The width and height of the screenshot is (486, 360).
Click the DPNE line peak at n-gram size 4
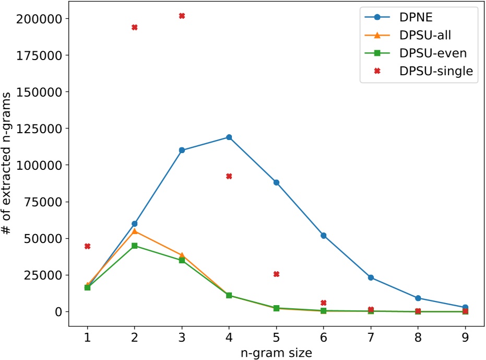(x=229, y=137)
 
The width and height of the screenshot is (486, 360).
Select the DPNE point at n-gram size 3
(x=182, y=150)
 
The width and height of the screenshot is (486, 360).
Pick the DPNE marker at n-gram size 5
(x=276, y=182)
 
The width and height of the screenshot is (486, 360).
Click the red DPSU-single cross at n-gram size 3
(x=182, y=16)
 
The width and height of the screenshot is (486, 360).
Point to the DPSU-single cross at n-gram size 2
(x=135, y=27)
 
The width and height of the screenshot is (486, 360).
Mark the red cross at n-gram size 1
(x=87, y=246)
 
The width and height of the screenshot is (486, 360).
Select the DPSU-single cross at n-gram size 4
(x=229, y=176)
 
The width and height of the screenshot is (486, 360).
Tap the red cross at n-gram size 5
(x=276, y=274)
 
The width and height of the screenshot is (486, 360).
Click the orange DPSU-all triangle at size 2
(x=135, y=231)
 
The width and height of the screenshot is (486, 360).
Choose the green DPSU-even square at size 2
(x=135, y=246)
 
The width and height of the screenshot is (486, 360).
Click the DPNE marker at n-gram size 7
(x=371, y=277)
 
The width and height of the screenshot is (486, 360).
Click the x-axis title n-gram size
(x=276, y=352)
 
